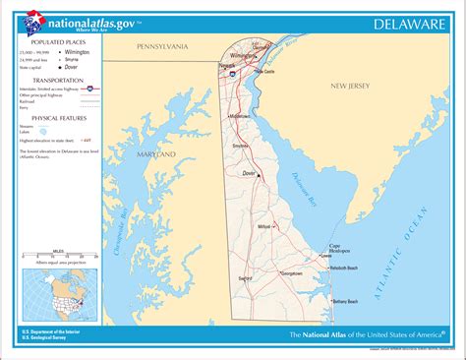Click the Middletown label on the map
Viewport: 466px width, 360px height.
coord(240,116)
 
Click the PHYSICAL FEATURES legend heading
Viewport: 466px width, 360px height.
coord(59,117)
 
